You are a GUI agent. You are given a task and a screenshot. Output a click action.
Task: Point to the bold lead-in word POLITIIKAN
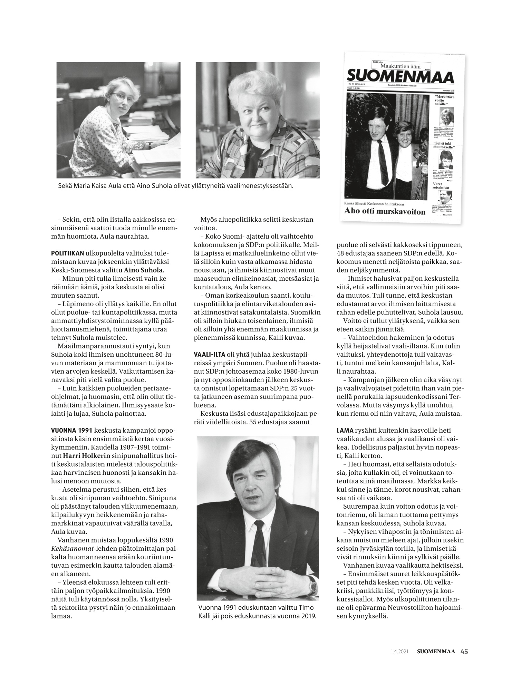pos(67,253)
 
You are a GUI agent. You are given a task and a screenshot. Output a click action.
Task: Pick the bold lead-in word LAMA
pos(345,431)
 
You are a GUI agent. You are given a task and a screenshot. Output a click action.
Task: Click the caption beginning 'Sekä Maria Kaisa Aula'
pos(176,186)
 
